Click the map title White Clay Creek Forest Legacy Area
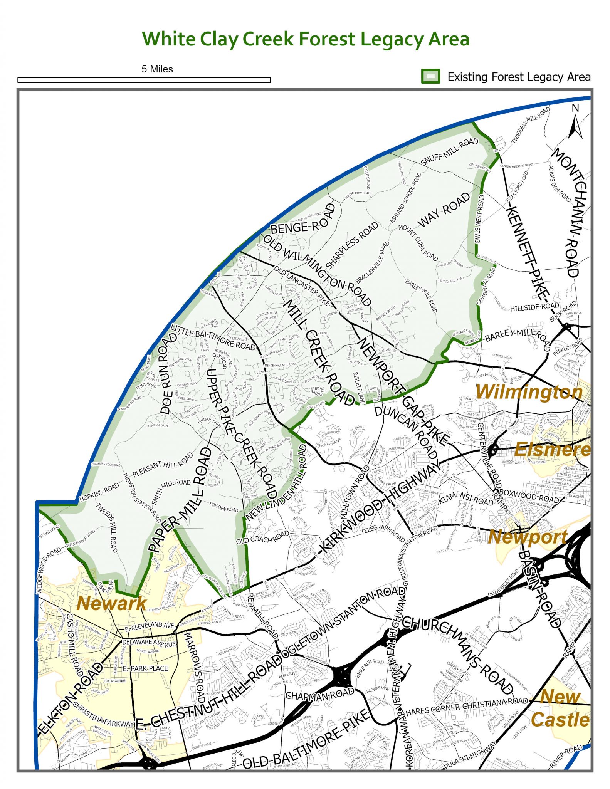[305, 39]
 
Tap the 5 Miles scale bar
[144, 80]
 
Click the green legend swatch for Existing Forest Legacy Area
[430, 76]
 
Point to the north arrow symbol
[575, 122]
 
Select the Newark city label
[111, 603]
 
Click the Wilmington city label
[529, 392]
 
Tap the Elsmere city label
[552, 450]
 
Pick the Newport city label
[528, 537]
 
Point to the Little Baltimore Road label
[213, 337]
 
